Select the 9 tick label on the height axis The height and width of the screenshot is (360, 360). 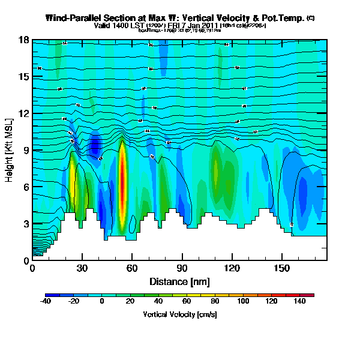click(x=26, y=150)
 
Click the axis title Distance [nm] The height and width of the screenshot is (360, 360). click(x=179, y=281)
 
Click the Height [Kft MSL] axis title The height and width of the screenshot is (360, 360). click(x=10, y=150)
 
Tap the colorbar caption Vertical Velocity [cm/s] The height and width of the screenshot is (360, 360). click(x=179, y=314)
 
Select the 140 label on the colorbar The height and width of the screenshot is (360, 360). click(x=299, y=301)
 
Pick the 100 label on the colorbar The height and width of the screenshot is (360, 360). click(x=242, y=301)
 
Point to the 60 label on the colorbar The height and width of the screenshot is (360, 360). click(x=187, y=301)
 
